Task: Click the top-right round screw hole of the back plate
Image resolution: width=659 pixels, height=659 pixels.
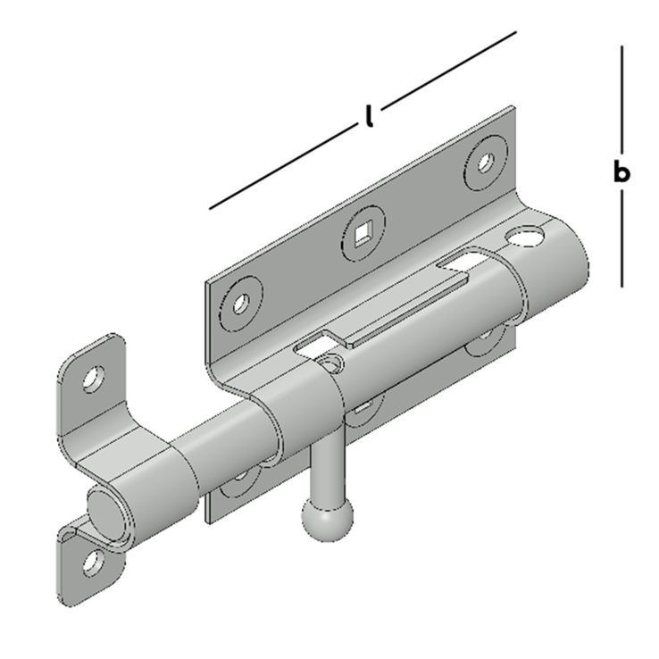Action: [x=486, y=163]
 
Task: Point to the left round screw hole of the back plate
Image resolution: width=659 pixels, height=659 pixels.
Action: [x=240, y=303]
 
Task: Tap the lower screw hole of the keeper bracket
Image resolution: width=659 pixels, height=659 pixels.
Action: [x=90, y=562]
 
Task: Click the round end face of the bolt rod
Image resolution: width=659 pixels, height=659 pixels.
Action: [x=106, y=514]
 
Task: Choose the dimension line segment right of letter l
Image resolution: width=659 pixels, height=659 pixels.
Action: [x=451, y=67]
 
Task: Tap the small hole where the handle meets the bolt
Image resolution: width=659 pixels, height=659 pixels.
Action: [x=332, y=363]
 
